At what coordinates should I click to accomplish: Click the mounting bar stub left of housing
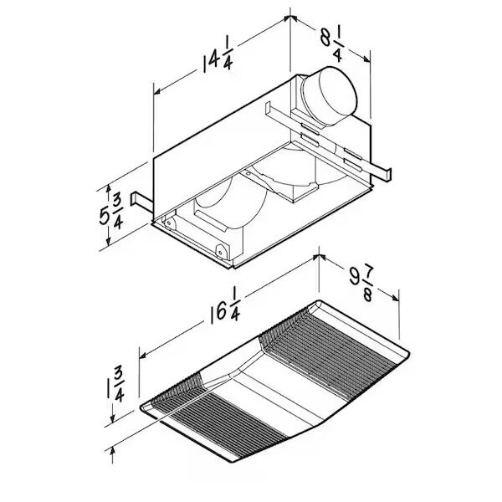(x=140, y=202)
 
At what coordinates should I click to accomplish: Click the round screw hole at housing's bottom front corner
(x=220, y=249)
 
